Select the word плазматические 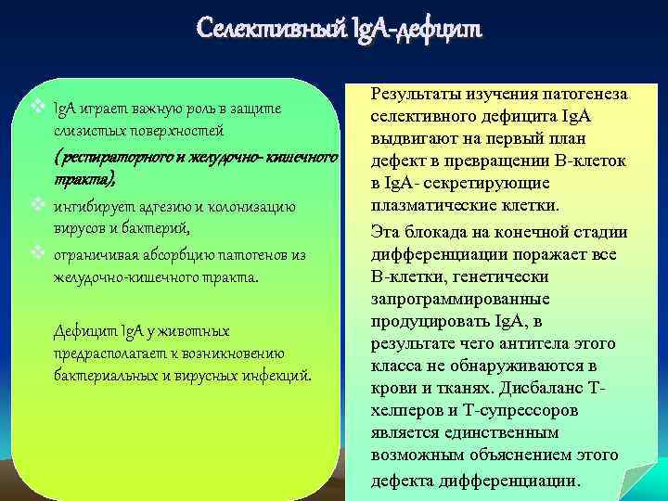pyautogui.click(x=430, y=205)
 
